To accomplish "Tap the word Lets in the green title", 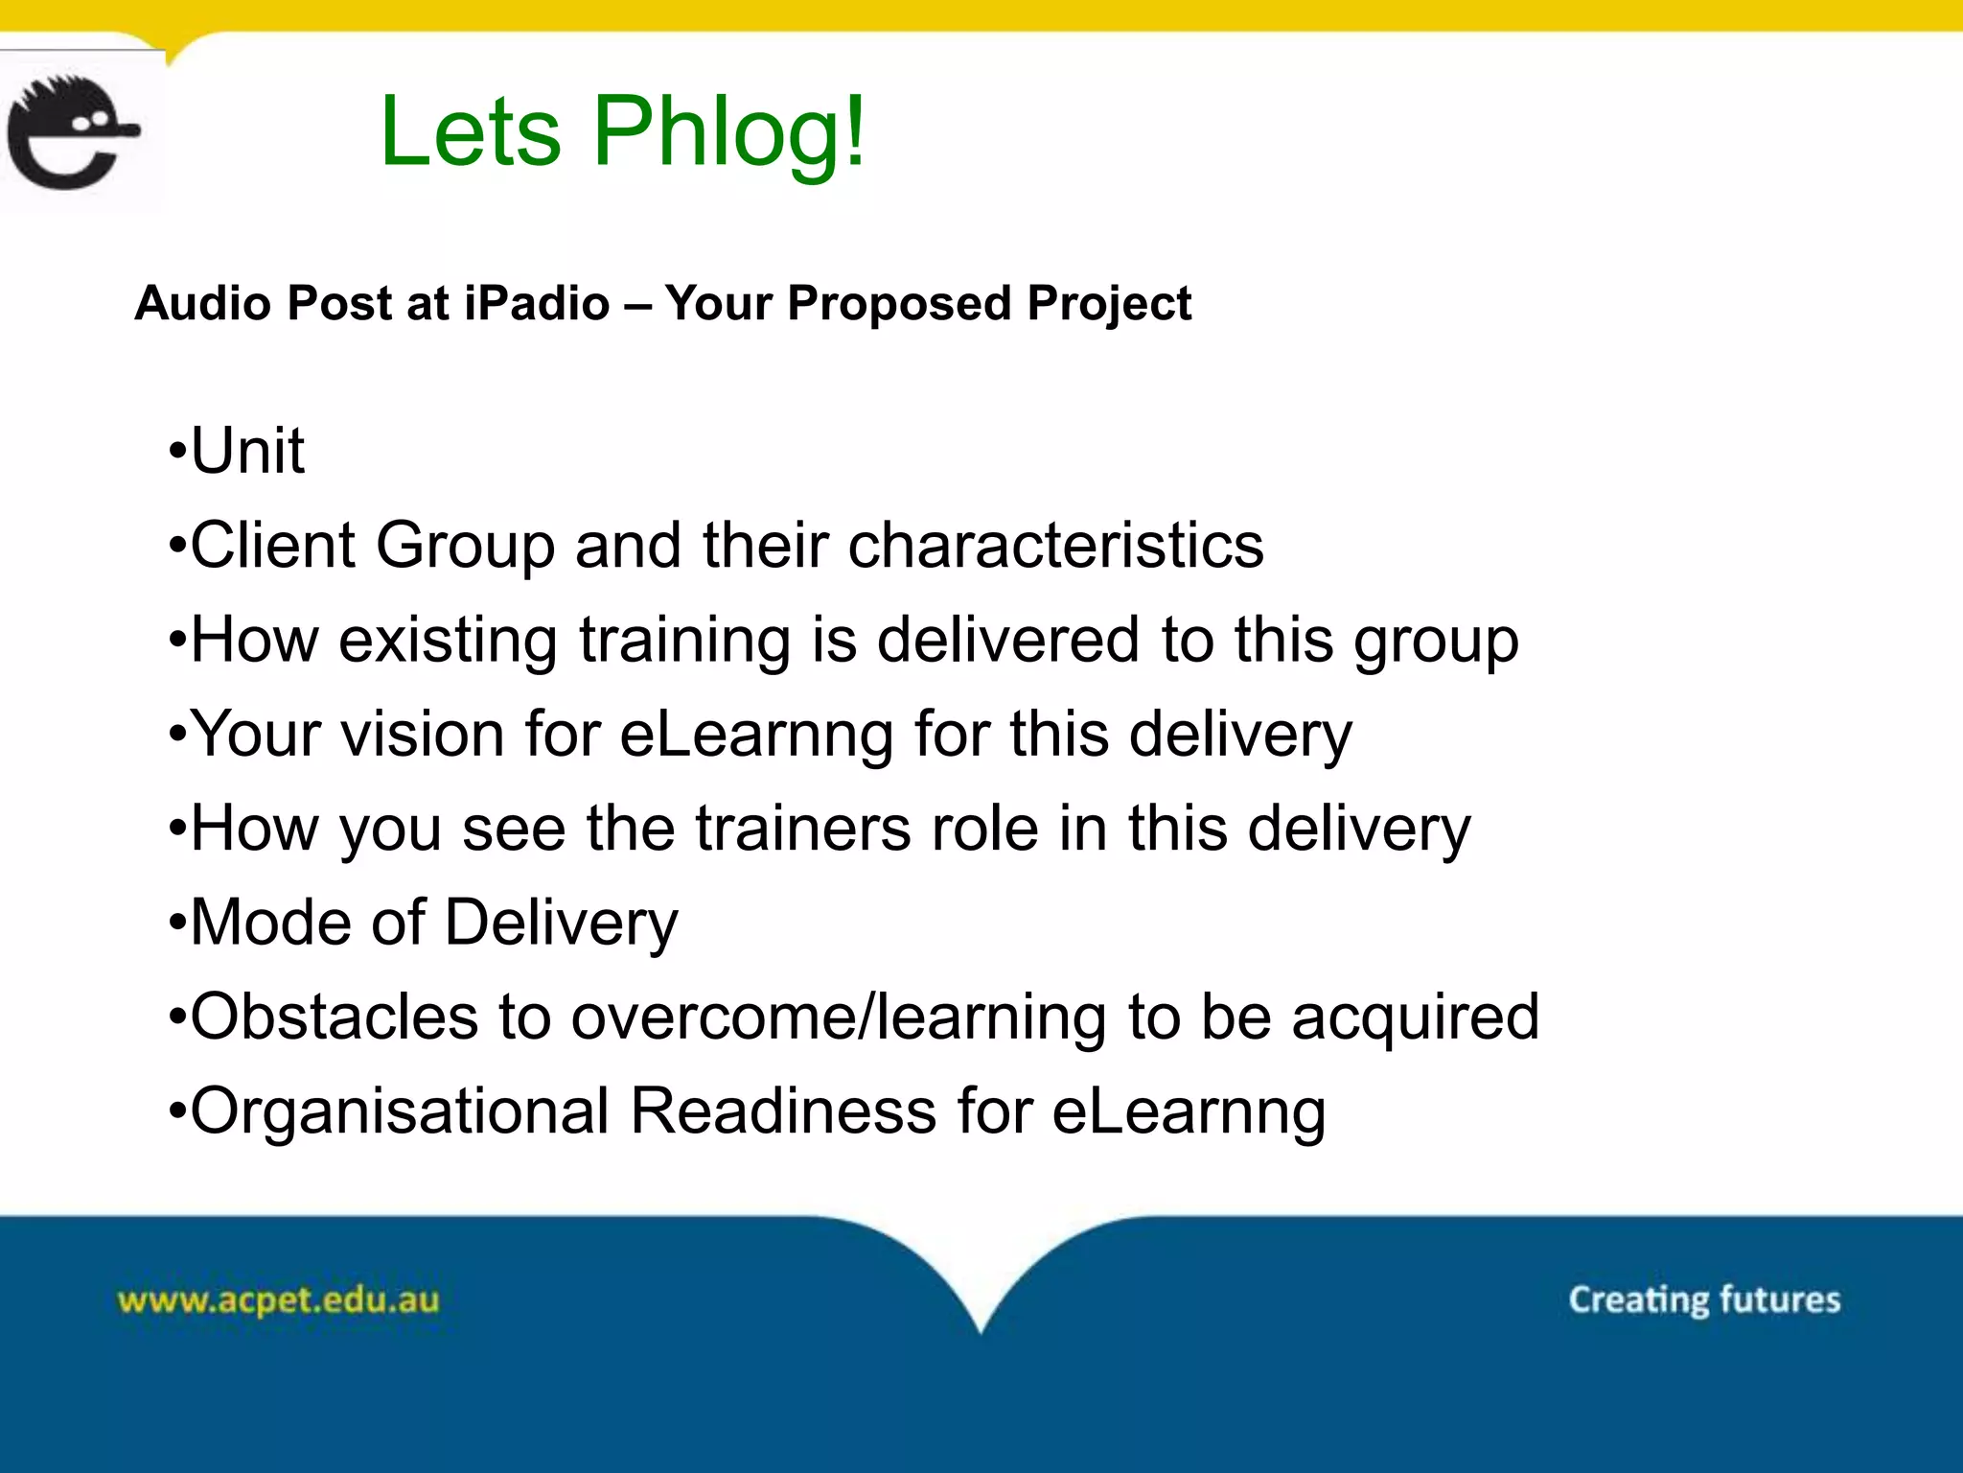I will coord(470,132).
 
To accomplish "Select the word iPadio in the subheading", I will coord(537,304).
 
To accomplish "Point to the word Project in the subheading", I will coord(1109,304).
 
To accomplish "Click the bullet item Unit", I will coord(246,451).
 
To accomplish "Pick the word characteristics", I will coord(1055,545).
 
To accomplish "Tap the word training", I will coord(684,641).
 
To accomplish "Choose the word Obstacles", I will coord(334,1017).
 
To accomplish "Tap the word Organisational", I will coord(400,1111).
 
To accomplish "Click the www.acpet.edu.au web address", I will coord(278,1300).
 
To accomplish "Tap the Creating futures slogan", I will coord(1704,1300).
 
